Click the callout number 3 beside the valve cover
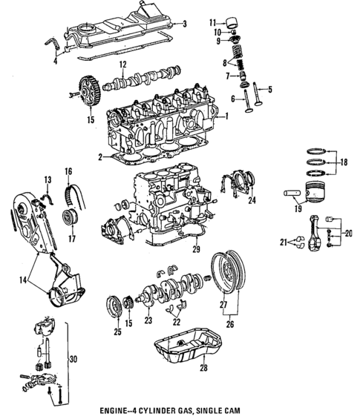tap(185, 23)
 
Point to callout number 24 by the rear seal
tap(252, 200)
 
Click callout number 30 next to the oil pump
tap(72, 360)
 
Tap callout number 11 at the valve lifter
tap(212, 22)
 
